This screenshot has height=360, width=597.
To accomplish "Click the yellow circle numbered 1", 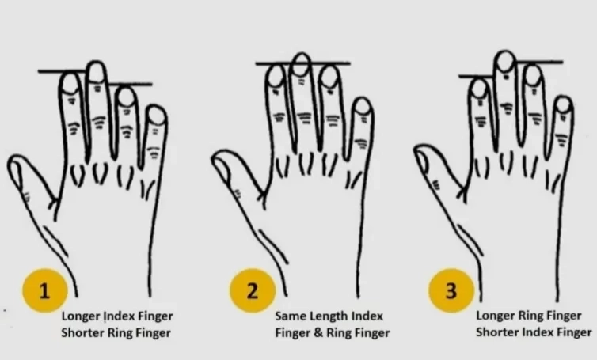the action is coord(45,290).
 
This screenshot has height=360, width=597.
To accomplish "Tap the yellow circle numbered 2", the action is coord(253,290).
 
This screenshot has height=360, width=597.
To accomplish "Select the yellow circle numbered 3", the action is coord(451,290).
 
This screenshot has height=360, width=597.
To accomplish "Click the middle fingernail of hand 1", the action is coord(96,72).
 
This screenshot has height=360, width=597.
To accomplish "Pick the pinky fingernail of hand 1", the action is coord(157,116).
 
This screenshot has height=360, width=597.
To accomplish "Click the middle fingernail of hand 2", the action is coord(302,64).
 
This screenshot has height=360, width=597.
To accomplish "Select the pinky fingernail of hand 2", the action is coord(363,107).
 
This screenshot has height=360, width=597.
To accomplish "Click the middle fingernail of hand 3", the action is coord(506,62).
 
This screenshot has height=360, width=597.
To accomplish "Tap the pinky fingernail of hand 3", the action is coord(564,105).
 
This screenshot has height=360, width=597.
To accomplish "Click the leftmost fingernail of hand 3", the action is coord(478,89).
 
